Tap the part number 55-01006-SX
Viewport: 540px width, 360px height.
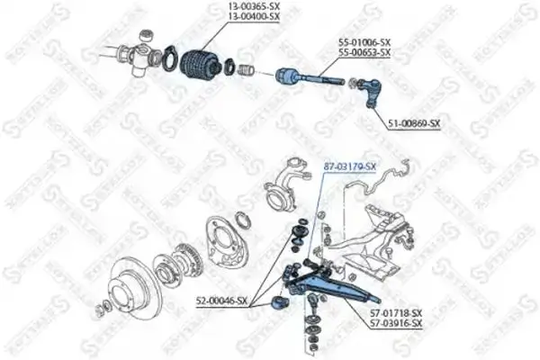[x=364, y=42]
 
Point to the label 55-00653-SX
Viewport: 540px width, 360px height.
[x=364, y=53]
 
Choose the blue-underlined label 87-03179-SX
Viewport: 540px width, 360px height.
[x=349, y=166]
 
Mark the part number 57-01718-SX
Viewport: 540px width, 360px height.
[x=394, y=312]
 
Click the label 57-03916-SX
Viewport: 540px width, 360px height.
[x=394, y=322]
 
